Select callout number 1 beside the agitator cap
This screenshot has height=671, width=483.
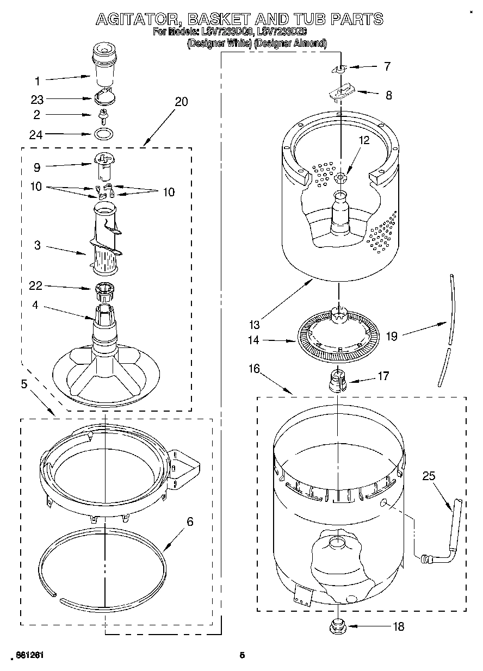coord(38,82)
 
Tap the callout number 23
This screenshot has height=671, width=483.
coord(37,100)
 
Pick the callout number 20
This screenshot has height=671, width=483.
coord(181,102)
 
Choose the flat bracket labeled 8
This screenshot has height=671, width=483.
coord(341,92)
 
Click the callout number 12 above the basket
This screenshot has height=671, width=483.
coord(363,140)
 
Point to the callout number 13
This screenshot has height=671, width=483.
coord(254,325)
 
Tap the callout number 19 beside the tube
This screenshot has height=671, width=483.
coord(392,336)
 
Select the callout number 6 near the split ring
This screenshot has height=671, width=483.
coord(190,521)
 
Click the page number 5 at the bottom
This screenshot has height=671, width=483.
coord(243,655)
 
